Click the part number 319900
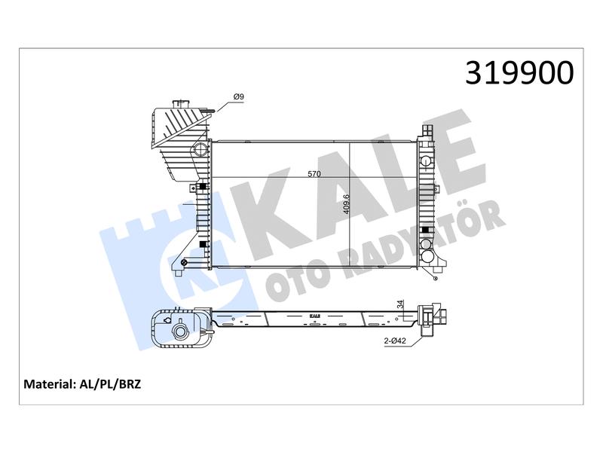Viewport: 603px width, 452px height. tap(519, 72)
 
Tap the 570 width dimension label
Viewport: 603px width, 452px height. tap(314, 174)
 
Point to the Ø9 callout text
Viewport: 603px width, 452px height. tap(238, 97)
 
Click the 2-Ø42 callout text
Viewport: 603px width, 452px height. tap(395, 341)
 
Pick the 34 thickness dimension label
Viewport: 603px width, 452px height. tap(401, 304)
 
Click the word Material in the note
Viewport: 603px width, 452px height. tap(48, 384)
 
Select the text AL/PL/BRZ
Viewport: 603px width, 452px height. tap(110, 384)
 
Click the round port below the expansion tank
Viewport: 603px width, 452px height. tap(200, 149)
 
